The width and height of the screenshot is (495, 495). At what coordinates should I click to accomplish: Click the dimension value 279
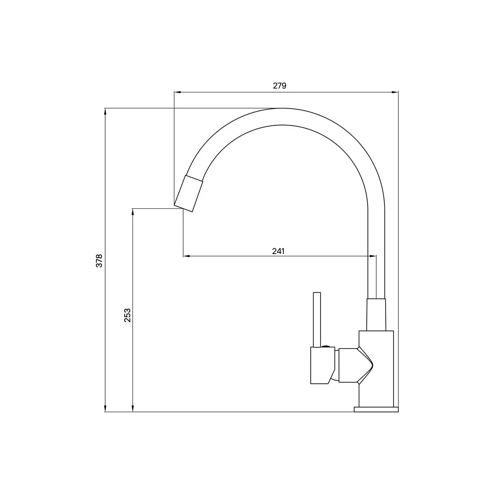pyautogui.click(x=280, y=85)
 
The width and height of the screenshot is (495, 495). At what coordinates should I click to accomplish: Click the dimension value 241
pyautogui.click(x=278, y=251)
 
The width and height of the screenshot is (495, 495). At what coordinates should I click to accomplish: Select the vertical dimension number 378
pyautogui.click(x=99, y=261)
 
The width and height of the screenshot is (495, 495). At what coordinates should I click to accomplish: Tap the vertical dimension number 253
pyautogui.click(x=127, y=315)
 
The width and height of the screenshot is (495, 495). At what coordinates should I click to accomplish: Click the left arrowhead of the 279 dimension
pyautogui.click(x=178, y=92)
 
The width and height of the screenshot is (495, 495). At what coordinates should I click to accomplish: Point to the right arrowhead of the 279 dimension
pyautogui.click(x=395, y=92)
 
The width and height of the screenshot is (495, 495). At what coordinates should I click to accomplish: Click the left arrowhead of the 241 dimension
pyautogui.click(x=186, y=256)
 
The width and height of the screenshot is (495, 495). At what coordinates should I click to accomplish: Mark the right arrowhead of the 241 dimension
pyautogui.click(x=373, y=256)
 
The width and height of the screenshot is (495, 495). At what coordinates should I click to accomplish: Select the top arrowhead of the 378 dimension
pyautogui.click(x=105, y=112)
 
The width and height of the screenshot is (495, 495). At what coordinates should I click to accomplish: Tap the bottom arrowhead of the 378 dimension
pyautogui.click(x=105, y=408)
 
